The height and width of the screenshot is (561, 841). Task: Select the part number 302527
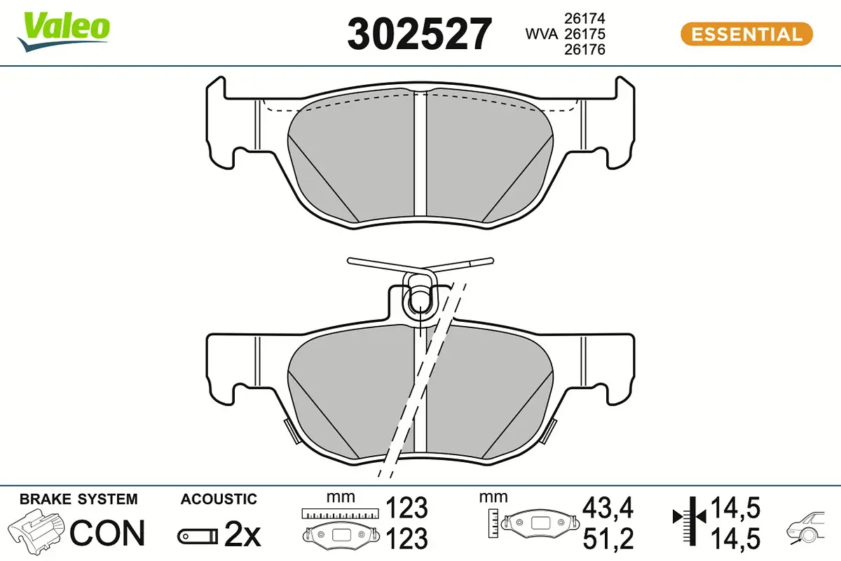[419, 34]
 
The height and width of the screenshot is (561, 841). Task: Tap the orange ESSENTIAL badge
[746, 34]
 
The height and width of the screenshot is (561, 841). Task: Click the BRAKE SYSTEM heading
[78, 499]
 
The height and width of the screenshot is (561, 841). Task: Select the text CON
[107, 533]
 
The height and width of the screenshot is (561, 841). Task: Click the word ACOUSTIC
[219, 499]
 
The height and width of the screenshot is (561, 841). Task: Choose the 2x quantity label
[242, 536]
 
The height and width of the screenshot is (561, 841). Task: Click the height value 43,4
[608, 507]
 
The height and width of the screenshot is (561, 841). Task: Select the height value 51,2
[608, 538]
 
